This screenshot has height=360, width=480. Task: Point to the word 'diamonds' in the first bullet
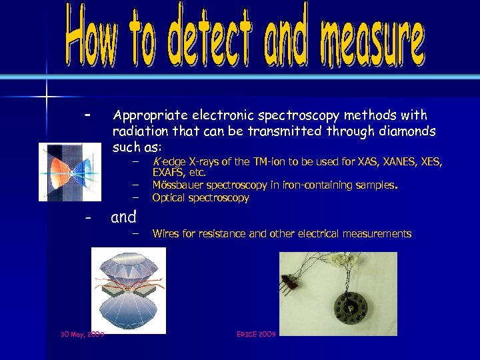[404, 131]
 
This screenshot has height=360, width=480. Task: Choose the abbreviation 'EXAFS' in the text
[168, 173]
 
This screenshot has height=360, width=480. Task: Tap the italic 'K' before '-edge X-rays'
[155, 161]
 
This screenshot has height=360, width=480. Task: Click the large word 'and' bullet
[123, 217]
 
